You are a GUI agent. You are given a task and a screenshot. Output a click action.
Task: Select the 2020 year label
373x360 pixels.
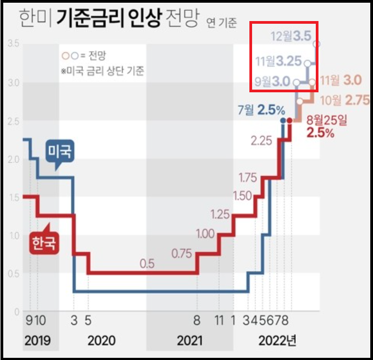pyautogui.click(x=101, y=341)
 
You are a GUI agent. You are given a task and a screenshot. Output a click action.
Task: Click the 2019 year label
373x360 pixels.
pyautogui.click(x=37, y=341)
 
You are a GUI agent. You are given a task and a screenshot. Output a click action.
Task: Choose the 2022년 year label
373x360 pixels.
pyautogui.click(x=277, y=341)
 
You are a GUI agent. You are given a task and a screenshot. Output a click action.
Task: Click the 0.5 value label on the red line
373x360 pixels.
pyautogui.click(x=147, y=264)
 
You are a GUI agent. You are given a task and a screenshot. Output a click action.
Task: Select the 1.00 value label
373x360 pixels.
pyautogui.click(x=205, y=234)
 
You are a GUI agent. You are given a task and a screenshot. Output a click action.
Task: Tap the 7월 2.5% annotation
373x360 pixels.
pyautogui.click(x=261, y=110)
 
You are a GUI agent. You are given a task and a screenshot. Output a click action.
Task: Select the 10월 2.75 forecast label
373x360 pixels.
pyautogui.click(x=343, y=100)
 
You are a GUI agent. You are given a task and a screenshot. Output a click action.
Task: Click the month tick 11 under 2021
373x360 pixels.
pyautogui.click(x=219, y=321)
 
